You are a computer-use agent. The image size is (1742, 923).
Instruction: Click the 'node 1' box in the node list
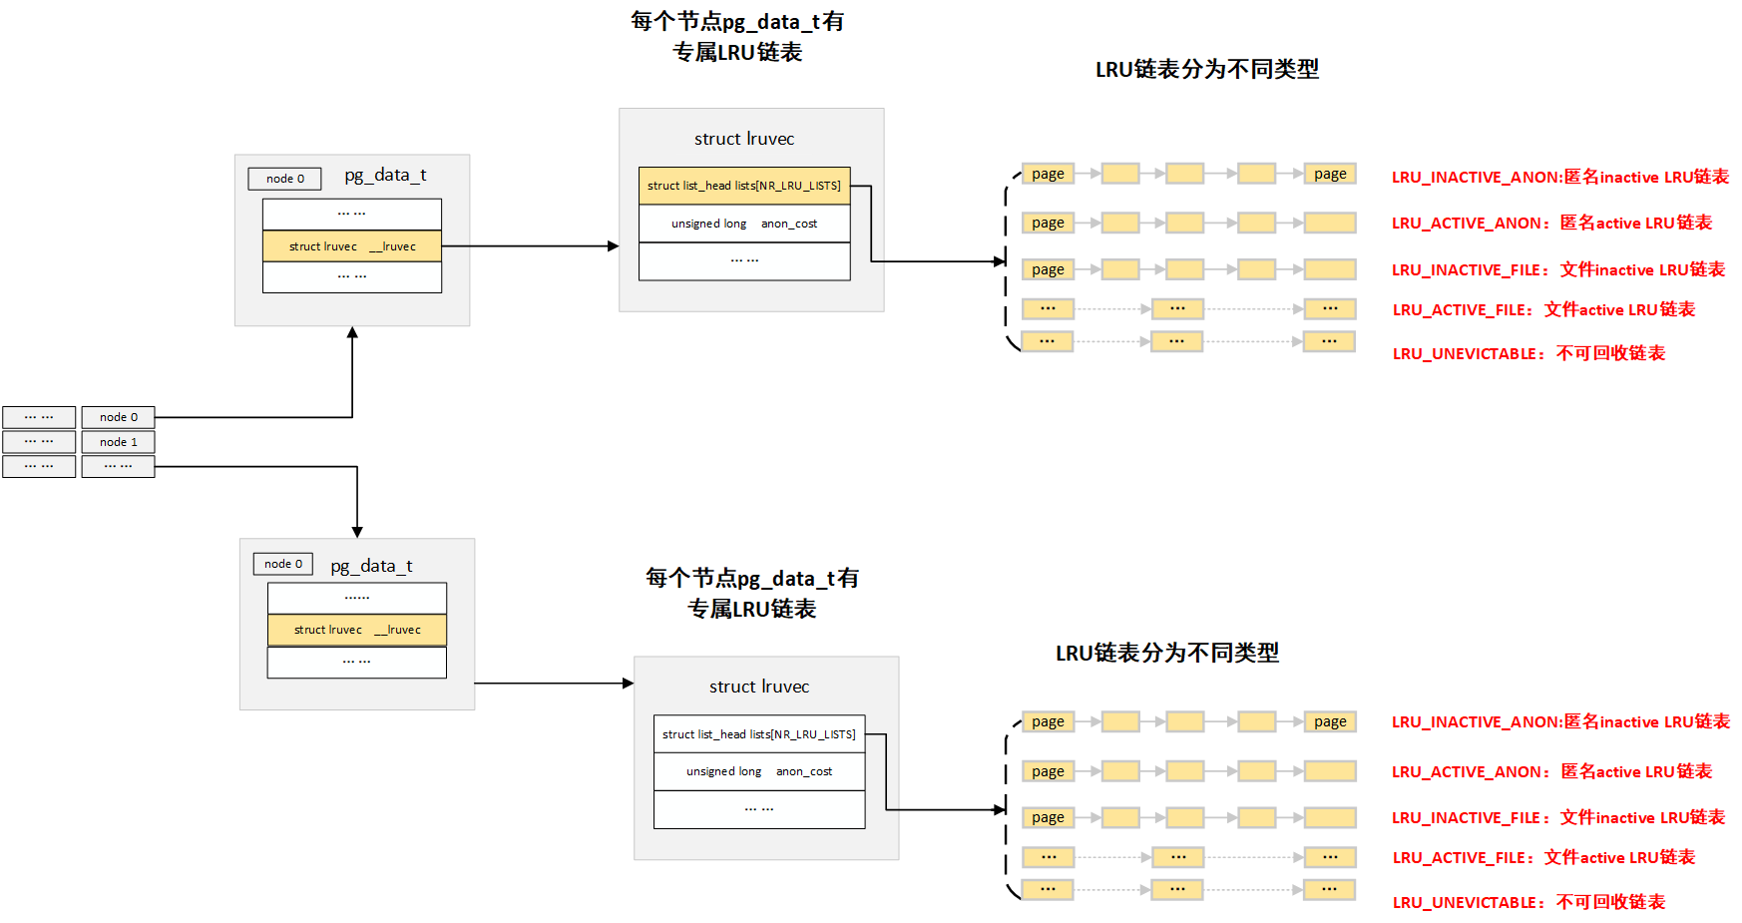(x=118, y=442)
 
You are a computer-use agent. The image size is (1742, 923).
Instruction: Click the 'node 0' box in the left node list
(x=118, y=417)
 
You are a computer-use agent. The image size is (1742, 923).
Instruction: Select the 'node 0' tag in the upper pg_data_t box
(x=284, y=179)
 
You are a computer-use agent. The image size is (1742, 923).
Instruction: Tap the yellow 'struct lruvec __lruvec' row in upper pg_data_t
(x=351, y=246)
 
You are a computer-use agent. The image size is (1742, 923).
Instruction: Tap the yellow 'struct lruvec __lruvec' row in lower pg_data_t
(x=356, y=630)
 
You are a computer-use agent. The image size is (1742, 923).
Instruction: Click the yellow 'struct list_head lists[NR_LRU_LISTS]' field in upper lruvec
(x=743, y=186)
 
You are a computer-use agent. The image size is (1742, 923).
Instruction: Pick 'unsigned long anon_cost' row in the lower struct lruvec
(x=758, y=771)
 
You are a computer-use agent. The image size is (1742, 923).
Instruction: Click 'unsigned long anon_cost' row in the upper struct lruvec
(x=743, y=224)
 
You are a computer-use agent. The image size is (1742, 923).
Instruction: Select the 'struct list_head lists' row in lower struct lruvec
(x=758, y=734)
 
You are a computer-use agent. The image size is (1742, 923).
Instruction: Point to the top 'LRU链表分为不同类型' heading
(x=1206, y=69)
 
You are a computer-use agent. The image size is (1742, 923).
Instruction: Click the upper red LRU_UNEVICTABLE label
(x=1528, y=353)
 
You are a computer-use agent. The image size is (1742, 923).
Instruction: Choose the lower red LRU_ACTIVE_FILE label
(x=1543, y=857)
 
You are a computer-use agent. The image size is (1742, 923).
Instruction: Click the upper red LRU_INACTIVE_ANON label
(x=1559, y=177)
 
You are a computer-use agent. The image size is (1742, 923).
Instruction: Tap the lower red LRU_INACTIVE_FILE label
(x=1557, y=817)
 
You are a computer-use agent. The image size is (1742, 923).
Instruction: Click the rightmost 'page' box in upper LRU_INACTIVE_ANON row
(x=1329, y=174)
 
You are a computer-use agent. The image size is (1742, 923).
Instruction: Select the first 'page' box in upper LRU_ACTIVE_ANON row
(x=1048, y=223)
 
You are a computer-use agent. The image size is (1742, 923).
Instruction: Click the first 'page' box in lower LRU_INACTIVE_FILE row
(x=1048, y=817)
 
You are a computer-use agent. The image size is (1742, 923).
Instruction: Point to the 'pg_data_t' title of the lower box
(x=371, y=566)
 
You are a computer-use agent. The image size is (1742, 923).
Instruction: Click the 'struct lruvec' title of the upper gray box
(x=744, y=139)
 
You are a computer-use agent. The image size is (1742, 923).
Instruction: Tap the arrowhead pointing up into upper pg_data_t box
(x=352, y=332)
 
